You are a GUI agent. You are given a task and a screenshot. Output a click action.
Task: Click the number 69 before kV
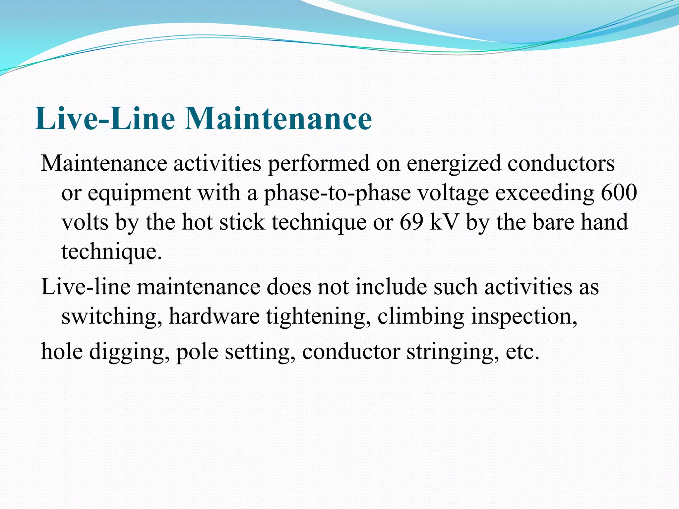coord(411,222)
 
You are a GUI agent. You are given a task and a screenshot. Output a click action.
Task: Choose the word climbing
coord(421,316)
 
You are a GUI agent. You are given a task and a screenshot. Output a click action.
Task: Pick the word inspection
coord(524,316)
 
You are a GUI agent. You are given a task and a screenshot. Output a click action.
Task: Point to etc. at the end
coord(523,352)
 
